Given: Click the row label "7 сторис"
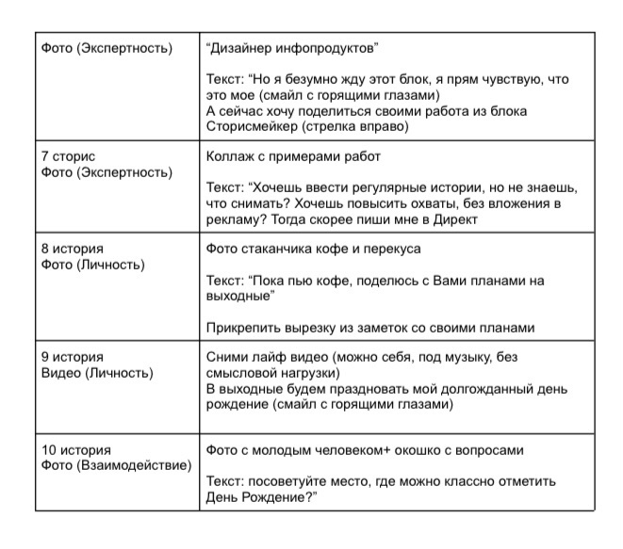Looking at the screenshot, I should click(x=68, y=156).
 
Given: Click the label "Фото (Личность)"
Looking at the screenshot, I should click(x=92, y=266).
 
